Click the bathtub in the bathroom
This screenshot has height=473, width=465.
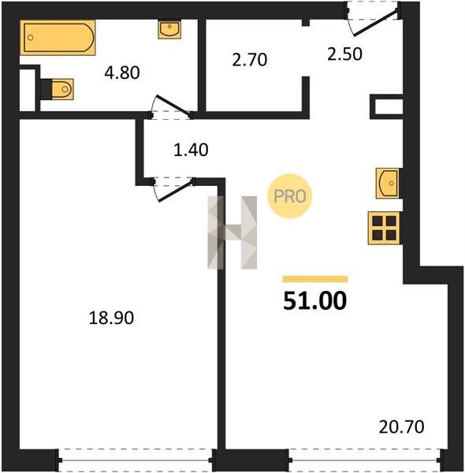58,38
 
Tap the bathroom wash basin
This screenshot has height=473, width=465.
169,29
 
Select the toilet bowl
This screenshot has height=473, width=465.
58,89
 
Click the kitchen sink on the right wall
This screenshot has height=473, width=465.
389,184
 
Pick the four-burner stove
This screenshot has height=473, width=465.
385,228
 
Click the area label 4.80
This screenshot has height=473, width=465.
122,73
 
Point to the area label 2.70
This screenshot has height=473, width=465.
250,59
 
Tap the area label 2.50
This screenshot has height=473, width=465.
344,54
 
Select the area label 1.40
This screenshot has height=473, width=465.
191,150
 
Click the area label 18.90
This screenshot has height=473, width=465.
111,318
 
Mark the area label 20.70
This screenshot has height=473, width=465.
401,426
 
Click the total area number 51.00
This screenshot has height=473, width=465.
315,301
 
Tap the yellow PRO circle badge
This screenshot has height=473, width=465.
289,196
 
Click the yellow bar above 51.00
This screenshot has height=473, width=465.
315,279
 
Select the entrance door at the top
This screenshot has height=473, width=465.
374,18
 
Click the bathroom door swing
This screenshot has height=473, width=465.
172,107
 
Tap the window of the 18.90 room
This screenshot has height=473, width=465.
136,460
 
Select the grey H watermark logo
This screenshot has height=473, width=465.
232,233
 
